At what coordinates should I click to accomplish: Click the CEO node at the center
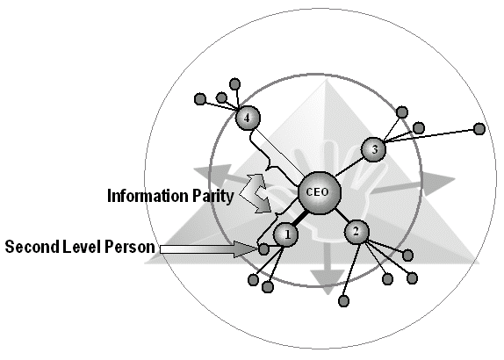(319, 193)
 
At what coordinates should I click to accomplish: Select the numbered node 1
(286, 234)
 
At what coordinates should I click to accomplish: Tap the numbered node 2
(356, 232)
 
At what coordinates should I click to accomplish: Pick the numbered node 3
(373, 149)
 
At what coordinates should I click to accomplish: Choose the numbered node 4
(248, 118)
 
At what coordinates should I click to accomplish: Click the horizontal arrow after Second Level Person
(208, 249)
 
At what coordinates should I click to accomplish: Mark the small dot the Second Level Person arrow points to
(263, 248)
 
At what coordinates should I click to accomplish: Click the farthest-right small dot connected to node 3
(479, 128)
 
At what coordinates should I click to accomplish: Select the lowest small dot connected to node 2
(343, 301)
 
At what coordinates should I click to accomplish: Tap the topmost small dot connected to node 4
(235, 84)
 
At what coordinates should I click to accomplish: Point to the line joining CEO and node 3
(349, 167)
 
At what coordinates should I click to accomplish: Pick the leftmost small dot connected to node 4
(200, 99)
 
